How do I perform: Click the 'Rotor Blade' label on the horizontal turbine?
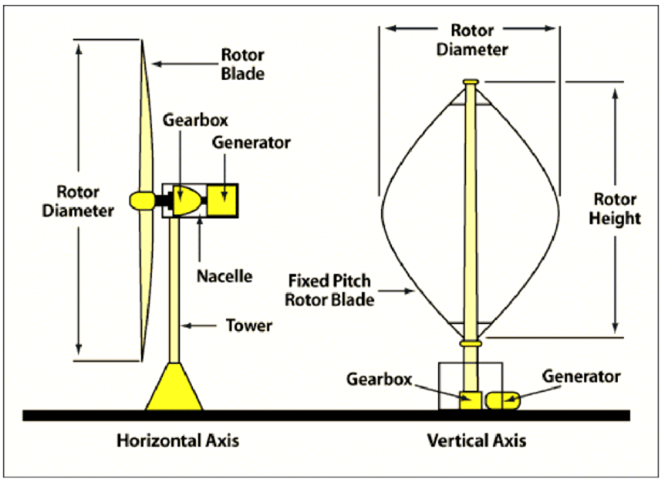pyautogui.click(x=243, y=64)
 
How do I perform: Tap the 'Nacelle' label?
pyautogui.click(x=225, y=276)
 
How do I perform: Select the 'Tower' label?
pyautogui.click(x=249, y=326)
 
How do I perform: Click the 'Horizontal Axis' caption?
pyautogui.click(x=178, y=441)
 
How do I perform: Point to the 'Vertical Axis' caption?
pyautogui.click(x=477, y=441)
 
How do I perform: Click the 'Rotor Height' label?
pyautogui.click(x=615, y=209)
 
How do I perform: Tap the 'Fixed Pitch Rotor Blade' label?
pyautogui.click(x=329, y=290)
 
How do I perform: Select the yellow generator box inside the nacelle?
pyautogui.click(x=223, y=200)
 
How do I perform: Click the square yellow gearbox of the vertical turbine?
pyautogui.click(x=470, y=400)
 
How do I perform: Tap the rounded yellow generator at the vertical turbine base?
pyautogui.click(x=502, y=400)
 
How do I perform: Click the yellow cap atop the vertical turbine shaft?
pyautogui.click(x=471, y=82)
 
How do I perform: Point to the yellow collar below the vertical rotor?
pyautogui.click(x=471, y=343)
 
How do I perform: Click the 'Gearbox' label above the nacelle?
pyautogui.click(x=195, y=120)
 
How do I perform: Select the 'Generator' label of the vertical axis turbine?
pyautogui.click(x=581, y=376)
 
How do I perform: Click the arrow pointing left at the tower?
pyautogui.click(x=199, y=326)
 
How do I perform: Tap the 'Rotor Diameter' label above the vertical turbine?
pyautogui.click(x=472, y=40)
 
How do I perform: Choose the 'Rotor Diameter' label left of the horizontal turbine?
pyautogui.click(x=78, y=201)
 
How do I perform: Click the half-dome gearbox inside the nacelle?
pyautogui.click(x=186, y=201)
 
